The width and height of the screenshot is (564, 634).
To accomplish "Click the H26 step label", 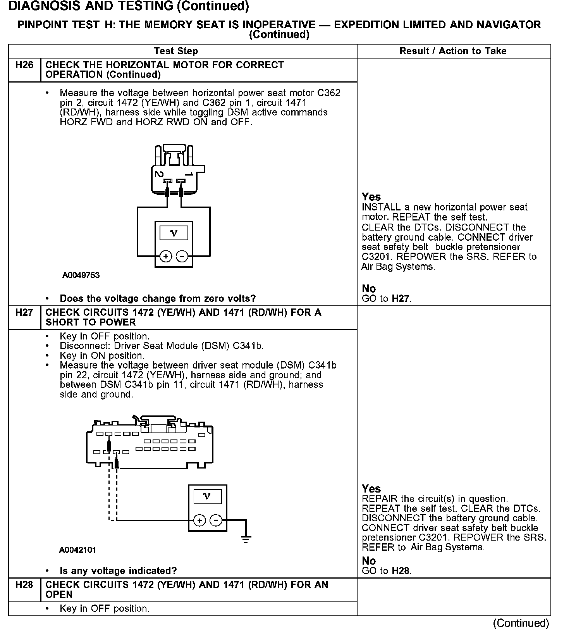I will (x=24, y=65).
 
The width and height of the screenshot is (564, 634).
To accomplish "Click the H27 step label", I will (x=24, y=312).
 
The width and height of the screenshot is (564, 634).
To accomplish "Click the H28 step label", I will (x=24, y=584).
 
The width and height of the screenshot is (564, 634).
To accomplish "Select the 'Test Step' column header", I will (x=176, y=51).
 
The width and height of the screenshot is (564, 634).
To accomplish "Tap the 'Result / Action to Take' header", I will (x=453, y=51).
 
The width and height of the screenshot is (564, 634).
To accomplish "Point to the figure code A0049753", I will (x=81, y=275).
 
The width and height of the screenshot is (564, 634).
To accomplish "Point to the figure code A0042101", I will (x=77, y=550).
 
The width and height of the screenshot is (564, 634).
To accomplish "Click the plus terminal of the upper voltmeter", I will (x=166, y=257).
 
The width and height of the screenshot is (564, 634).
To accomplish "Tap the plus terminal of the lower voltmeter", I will (x=199, y=520).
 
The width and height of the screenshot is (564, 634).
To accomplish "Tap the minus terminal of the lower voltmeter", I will (x=216, y=520).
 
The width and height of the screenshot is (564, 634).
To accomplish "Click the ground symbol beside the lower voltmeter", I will (x=246, y=538).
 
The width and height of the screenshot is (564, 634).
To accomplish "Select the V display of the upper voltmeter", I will (x=174, y=233).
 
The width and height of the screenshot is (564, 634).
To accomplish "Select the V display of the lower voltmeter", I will (x=207, y=496).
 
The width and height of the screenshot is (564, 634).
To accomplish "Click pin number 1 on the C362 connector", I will (x=189, y=174).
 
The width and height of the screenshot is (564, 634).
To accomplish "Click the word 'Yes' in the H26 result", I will (x=371, y=197).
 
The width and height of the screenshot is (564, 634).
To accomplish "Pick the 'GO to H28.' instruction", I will (x=387, y=570).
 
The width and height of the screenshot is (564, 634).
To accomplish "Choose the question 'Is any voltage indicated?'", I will (x=118, y=570).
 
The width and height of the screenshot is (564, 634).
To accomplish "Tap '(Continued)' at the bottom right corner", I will (x=521, y=623).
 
